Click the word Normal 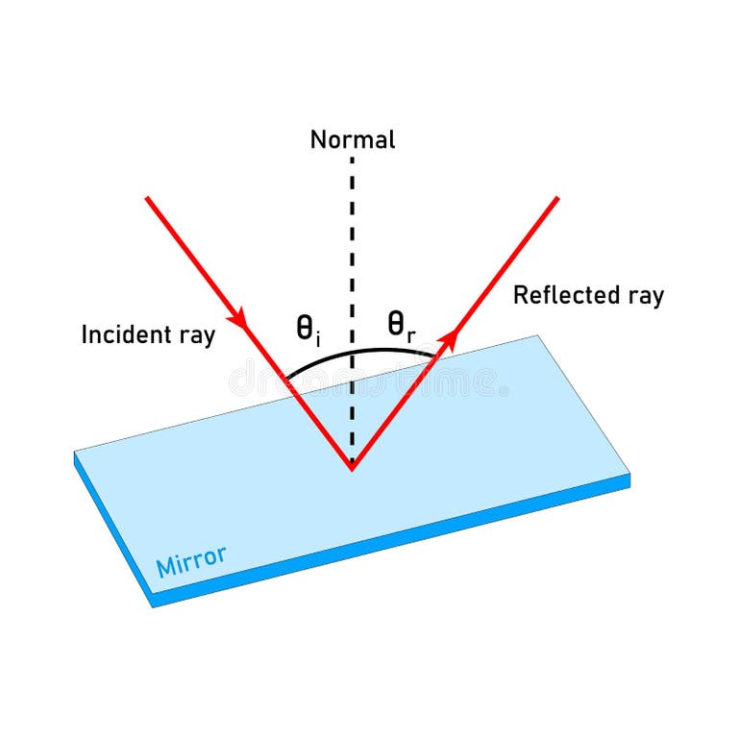click(x=352, y=139)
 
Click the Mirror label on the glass click(x=191, y=561)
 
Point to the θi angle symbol click(x=307, y=330)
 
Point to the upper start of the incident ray click(x=147, y=198)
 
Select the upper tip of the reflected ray click(x=557, y=198)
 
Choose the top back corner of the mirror click(x=537, y=335)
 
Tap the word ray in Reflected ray click(x=646, y=296)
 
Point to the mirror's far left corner click(x=75, y=453)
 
